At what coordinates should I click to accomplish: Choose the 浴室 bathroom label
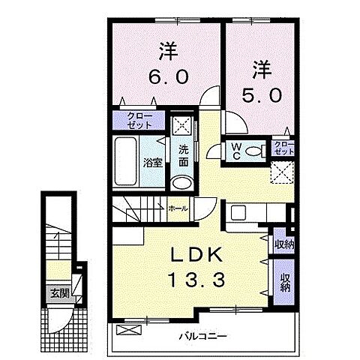(152, 162)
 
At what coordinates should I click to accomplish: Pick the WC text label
(236, 150)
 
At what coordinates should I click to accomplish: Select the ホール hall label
(178, 208)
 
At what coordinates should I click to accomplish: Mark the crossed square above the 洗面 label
(182, 125)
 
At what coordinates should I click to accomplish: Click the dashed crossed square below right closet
(283, 172)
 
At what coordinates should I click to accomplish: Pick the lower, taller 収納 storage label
(284, 281)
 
